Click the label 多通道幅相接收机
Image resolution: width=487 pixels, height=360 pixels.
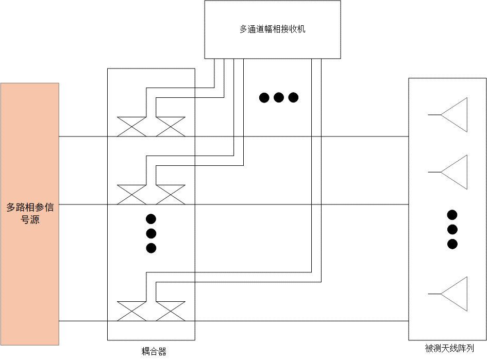(273, 29)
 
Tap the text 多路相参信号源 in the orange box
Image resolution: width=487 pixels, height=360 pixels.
(30, 214)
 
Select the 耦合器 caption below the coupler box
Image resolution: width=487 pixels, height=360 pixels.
(154, 351)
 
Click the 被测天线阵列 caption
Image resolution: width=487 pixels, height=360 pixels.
(449, 348)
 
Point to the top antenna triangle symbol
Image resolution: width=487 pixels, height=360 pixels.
(454, 115)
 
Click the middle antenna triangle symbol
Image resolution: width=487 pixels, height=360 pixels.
(454, 172)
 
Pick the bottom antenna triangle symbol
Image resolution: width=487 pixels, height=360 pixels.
(454, 294)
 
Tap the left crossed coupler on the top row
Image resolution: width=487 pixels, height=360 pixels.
(132, 127)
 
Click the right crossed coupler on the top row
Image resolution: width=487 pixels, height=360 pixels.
(171, 127)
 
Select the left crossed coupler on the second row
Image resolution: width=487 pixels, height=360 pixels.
(132, 195)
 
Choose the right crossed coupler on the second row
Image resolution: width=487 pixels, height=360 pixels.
(171, 195)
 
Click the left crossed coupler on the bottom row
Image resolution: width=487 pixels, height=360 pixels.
(132, 311)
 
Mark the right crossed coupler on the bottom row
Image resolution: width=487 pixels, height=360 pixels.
(171, 311)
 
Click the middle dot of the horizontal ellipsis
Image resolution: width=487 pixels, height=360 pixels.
(279, 97)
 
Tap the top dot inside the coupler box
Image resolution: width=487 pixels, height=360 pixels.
(151, 219)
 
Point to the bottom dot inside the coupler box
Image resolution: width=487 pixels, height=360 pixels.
(151, 248)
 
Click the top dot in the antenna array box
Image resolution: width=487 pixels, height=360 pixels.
(452, 215)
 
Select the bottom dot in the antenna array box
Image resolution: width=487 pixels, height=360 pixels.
(452, 244)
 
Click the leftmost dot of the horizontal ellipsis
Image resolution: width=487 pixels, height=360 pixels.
(264, 97)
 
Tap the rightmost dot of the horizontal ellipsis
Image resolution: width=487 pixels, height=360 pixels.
(293, 97)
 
